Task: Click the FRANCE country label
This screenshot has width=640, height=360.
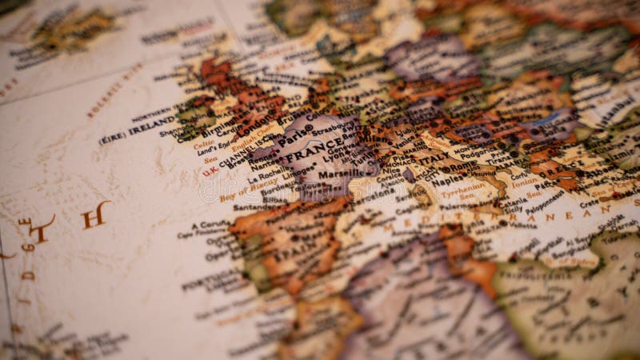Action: [x=310, y=151]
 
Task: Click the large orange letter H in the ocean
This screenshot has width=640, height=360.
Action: [x=95, y=214]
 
